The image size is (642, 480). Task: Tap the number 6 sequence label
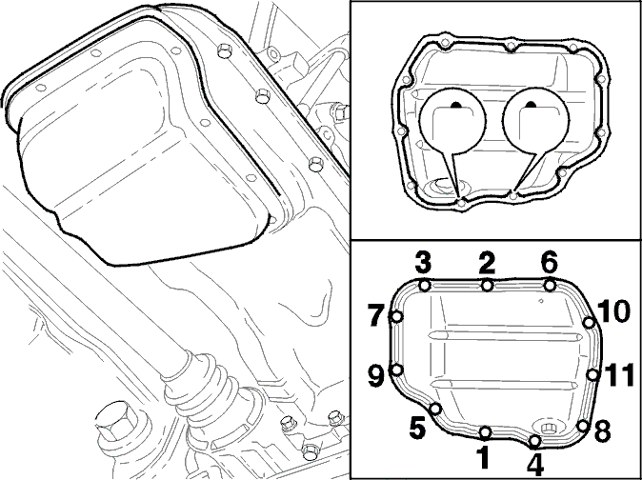[x=549, y=263]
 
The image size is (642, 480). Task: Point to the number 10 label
[x=612, y=312]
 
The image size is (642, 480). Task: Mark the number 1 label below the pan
[x=484, y=457]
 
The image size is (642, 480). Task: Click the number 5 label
[x=417, y=429]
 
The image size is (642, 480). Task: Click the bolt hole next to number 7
[x=397, y=317]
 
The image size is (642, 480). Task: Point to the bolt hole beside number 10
[x=589, y=323]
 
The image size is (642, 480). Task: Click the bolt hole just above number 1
[x=485, y=431]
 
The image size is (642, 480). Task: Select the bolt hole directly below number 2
[x=487, y=285]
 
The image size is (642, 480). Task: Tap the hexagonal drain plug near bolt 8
[x=548, y=428]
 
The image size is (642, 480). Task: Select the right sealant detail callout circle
[x=536, y=120]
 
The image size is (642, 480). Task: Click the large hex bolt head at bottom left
[x=113, y=424]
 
